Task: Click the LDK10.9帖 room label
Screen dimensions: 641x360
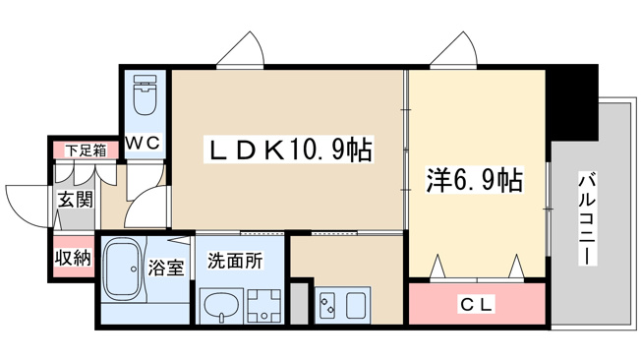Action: tap(288, 150)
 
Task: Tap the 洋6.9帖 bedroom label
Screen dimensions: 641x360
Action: tap(474, 180)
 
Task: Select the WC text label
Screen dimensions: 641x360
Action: tap(143, 143)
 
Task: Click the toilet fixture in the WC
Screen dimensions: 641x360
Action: tap(146, 94)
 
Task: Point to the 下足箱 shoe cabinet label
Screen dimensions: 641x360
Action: tap(86, 150)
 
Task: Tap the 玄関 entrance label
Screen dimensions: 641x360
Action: tap(76, 200)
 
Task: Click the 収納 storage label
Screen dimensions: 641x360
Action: tap(74, 258)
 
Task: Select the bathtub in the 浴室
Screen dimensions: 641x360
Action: tap(124, 270)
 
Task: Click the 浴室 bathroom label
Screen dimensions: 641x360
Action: tap(166, 268)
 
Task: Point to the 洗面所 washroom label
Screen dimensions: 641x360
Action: tap(235, 261)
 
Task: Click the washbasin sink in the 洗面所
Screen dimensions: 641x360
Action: tap(221, 306)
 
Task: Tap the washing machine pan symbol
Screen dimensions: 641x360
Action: tap(263, 306)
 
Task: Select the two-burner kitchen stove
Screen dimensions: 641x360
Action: tap(328, 305)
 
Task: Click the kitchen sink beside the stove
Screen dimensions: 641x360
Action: tap(356, 305)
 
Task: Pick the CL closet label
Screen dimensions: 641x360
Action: tap(477, 304)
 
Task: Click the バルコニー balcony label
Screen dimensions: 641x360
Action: tap(588, 219)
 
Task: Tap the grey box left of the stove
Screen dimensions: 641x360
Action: tap(300, 303)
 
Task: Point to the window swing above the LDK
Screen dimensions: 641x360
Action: tap(240, 48)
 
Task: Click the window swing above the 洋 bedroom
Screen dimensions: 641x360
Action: tap(453, 48)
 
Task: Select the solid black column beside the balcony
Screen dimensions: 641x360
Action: tap(571, 102)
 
